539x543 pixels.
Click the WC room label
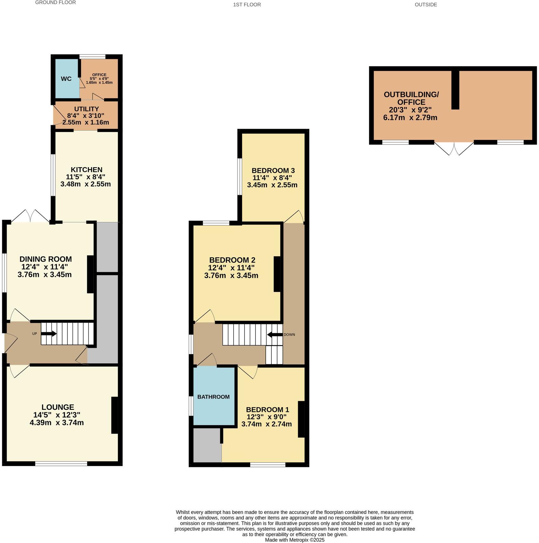click(66, 79)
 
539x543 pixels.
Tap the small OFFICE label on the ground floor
click(99, 75)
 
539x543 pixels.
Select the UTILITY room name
click(86, 109)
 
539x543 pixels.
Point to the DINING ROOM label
click(46, 259)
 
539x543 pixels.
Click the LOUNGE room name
click(58, 407)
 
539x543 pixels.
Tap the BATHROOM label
click(213, 397)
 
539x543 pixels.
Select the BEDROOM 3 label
click(273, 170)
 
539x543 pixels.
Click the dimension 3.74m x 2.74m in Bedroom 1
click(266, 424)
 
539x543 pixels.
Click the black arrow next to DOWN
click(275, 334)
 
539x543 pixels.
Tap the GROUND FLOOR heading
click(55, 3)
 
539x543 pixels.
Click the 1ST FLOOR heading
click(247, 4)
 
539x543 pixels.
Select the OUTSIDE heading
click(426, 4)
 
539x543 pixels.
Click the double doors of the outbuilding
click(454, 148)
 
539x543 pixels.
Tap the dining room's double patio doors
click(31, 216)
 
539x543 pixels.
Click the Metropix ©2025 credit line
click(295, 540)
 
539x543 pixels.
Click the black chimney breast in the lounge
click(114, 415)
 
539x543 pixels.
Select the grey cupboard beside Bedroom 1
click(207, 445)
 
